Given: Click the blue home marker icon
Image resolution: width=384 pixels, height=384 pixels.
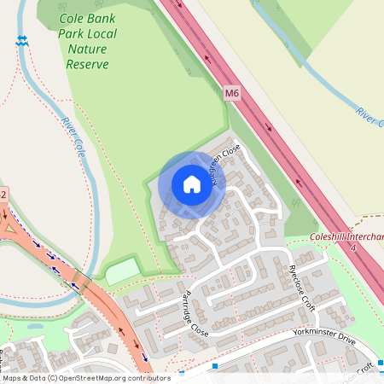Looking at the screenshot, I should click(191, 184).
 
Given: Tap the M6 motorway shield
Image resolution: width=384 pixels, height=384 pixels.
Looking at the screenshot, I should click(233, 91).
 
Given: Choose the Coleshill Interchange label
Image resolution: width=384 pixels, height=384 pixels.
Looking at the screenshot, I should click(346, 236).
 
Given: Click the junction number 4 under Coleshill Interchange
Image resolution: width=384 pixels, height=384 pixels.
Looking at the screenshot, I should click(353, 247).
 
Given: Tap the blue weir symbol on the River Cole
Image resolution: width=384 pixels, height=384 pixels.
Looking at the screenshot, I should click(21, 40).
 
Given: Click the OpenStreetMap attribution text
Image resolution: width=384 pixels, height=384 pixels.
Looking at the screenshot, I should click(85, 377).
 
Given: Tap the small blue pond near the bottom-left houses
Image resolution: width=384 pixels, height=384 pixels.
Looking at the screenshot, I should click(36, 325).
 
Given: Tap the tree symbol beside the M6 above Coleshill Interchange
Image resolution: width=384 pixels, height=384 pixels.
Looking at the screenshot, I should click(295, 205).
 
